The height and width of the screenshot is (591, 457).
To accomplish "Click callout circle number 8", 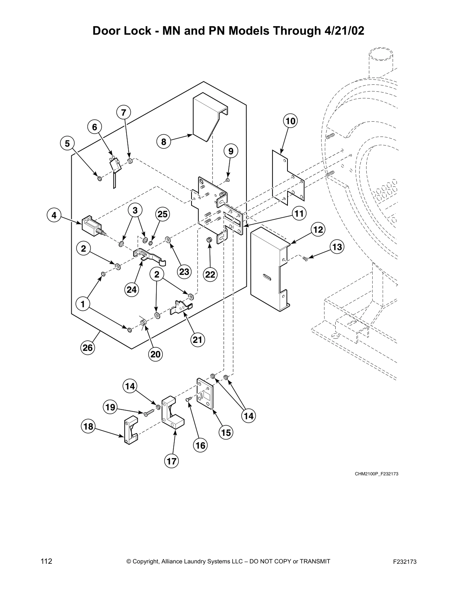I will (164, 142).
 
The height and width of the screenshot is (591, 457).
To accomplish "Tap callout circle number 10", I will (290, 121).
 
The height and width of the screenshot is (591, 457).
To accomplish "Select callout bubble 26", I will (88, 348).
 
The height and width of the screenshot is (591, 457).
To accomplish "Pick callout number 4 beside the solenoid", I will (54, 215).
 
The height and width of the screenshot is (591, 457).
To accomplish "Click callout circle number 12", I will (318, 229).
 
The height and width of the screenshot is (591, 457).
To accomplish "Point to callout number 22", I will (210, 274).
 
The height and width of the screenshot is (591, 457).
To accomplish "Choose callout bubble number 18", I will (88, 426).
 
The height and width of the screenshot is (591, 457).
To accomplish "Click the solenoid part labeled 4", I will (91, 225).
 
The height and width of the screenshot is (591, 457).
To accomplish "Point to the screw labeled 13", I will (305, 258).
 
